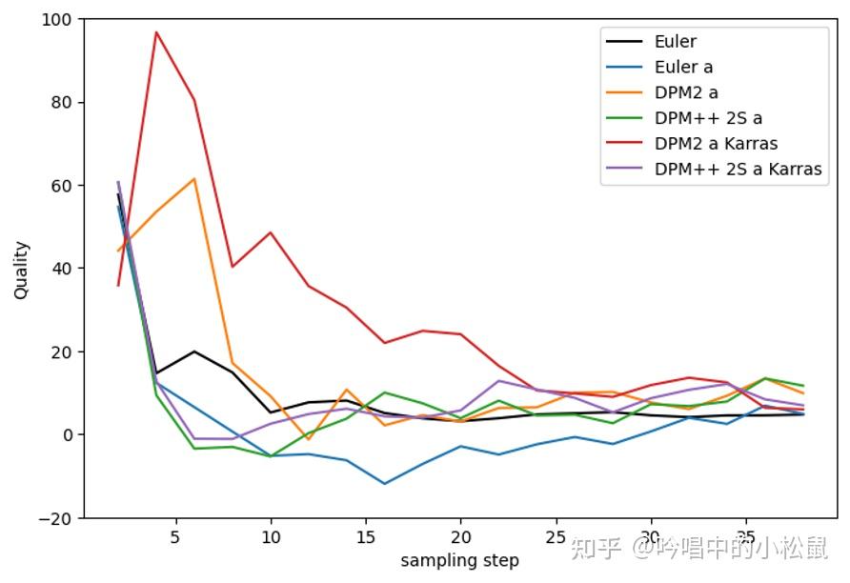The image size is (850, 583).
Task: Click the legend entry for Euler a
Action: pos(683,67)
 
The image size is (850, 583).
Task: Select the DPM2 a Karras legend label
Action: pos(716,144)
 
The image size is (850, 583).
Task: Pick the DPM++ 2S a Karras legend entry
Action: pos(738,170)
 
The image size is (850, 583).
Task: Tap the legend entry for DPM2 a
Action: pos(686,92)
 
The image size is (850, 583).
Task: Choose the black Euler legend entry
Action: pos(675,41)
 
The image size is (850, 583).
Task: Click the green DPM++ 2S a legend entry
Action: pos(708,118)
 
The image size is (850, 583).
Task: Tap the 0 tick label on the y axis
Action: pos(70,435)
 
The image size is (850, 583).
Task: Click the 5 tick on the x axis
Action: pos(174,537)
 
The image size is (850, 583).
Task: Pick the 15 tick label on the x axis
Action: pos(365,537)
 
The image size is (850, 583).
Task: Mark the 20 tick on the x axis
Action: pos(460,537)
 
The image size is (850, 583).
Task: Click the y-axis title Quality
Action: pos(21,270)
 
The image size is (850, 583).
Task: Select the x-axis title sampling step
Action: pos(459,560)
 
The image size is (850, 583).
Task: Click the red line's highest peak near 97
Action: pos(156,31)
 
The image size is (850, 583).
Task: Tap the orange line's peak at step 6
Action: pos(194,178)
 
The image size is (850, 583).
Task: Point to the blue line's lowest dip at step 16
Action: pos(385,484)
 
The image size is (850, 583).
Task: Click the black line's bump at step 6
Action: pos(194,352)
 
